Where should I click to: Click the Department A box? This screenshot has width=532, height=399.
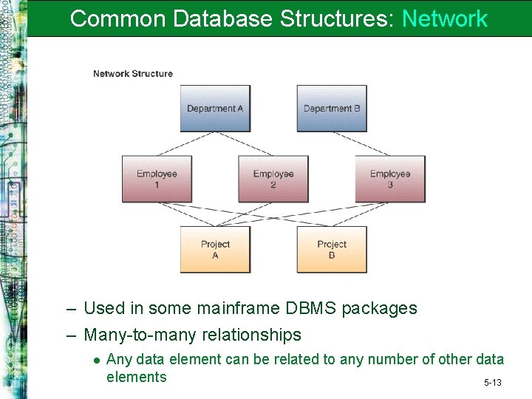(215, 108)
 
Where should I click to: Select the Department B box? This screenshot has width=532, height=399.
(332, 108)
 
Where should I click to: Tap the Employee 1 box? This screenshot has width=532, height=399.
(157, 179)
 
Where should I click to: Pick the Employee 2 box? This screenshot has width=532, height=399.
(273, 179)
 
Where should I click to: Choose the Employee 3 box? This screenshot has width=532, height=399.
(390, 179)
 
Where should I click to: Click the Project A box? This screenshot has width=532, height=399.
(215, 249)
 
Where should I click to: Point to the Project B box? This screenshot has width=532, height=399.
(332, 249)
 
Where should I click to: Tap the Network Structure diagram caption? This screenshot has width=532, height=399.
(133, 73)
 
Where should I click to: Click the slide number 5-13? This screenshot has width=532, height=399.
(493, 383)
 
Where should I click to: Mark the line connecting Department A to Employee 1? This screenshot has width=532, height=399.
(185, 144)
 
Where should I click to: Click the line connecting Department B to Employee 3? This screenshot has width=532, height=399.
(362, 144)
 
